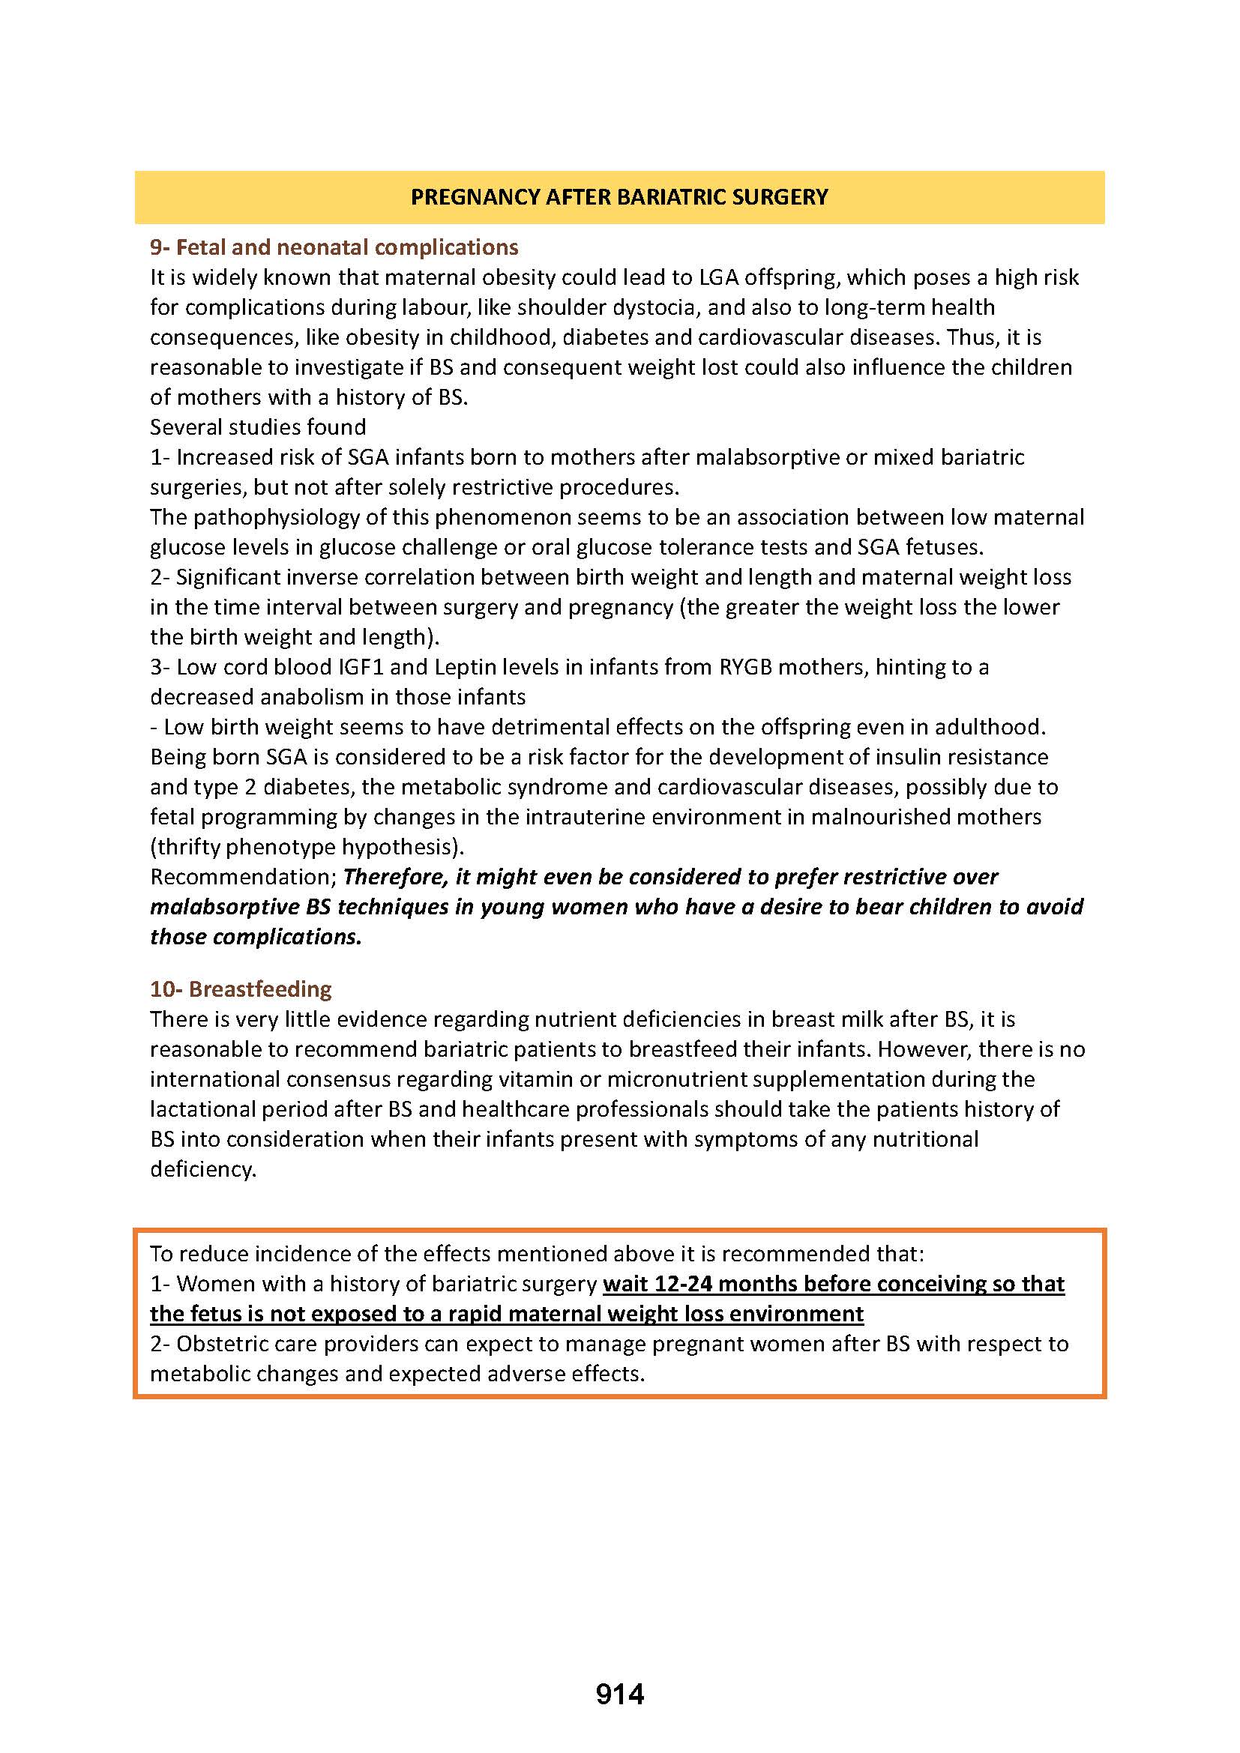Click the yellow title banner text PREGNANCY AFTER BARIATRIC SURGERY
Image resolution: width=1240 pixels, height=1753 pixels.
pos(619,197)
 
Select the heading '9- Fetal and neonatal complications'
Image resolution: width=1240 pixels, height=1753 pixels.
pos(334,247)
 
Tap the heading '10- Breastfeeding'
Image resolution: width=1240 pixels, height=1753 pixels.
pos(241,989)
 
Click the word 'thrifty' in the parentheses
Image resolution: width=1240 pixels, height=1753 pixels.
pos(191,846)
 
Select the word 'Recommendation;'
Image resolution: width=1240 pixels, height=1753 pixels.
pos(244,877)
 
